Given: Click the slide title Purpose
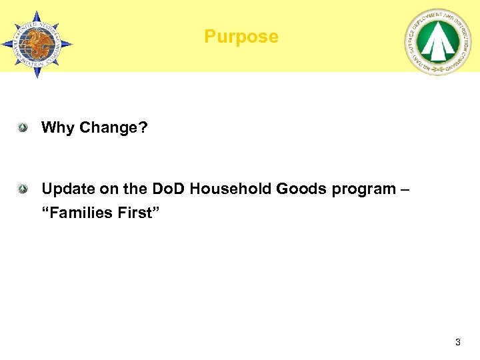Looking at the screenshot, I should click(x=241, y=37).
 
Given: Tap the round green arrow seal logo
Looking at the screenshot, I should click(x=437, y=43).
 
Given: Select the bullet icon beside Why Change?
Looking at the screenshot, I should click(x=23, y=127).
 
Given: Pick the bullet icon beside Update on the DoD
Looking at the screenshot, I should click(x=23, y=189).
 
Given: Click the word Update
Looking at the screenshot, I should click(x=65, y=189).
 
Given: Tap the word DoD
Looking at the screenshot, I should click(x=169, y=189).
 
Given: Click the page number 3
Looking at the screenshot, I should click(x=457, y=342).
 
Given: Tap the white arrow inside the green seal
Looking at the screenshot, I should click(x=437, y=41).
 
